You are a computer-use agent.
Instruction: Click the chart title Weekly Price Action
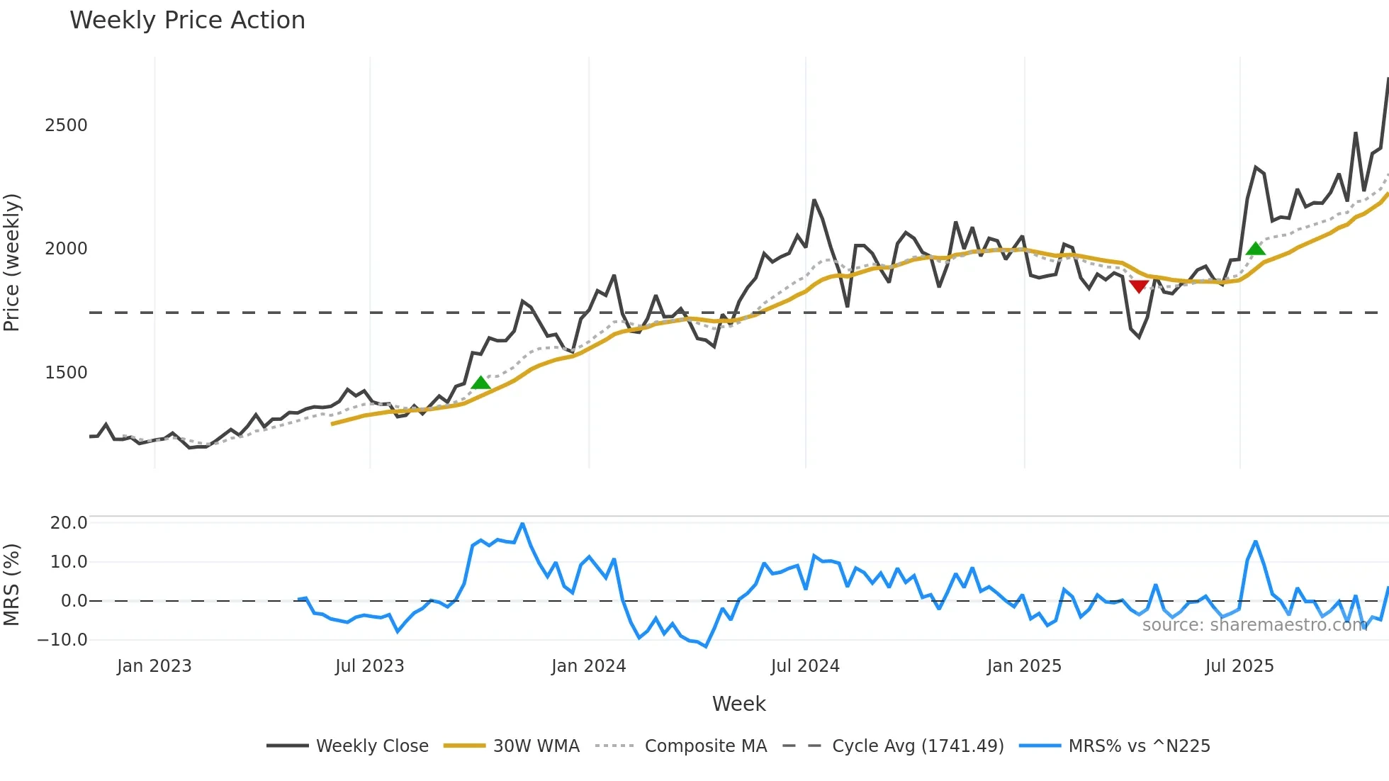click(187, 21)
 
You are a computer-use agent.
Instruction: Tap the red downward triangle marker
click(1139, 286)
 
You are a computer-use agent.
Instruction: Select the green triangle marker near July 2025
click(1255, 248)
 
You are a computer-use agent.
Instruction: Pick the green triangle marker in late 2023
click(480, 383)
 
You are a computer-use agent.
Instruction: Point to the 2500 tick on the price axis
click(66, 125)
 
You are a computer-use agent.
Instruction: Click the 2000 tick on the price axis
click(66, 249)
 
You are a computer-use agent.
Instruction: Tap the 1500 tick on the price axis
click(66, 373)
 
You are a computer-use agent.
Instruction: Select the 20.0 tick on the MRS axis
click(69, 523)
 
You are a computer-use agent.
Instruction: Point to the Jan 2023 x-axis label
click(154, 666)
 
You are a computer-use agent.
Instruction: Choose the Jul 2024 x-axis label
click(805, 666)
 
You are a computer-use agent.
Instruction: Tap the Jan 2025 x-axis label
click(1024, 666)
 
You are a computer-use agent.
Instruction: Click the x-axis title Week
click(738, 704)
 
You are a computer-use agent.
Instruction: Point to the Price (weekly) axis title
click(12, 262)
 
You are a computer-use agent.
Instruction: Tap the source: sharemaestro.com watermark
click(1254, 625)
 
